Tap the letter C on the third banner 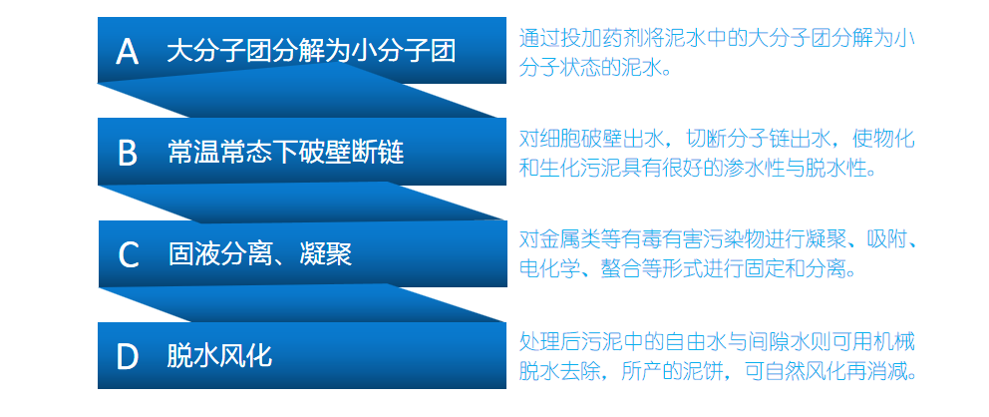128,254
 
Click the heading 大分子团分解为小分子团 311,51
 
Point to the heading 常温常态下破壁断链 285,153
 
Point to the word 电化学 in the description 551,269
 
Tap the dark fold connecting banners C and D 299,304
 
